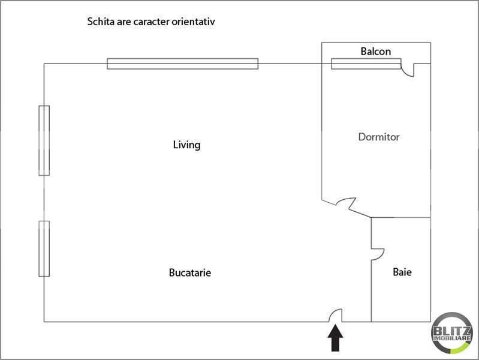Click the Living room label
186,145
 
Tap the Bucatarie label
190,272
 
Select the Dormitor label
378,137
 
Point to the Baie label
402,272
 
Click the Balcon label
376,52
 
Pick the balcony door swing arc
408,70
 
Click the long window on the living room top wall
182,64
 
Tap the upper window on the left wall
44,140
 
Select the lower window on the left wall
44,248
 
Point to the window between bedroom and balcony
366,64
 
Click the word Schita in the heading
100,22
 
